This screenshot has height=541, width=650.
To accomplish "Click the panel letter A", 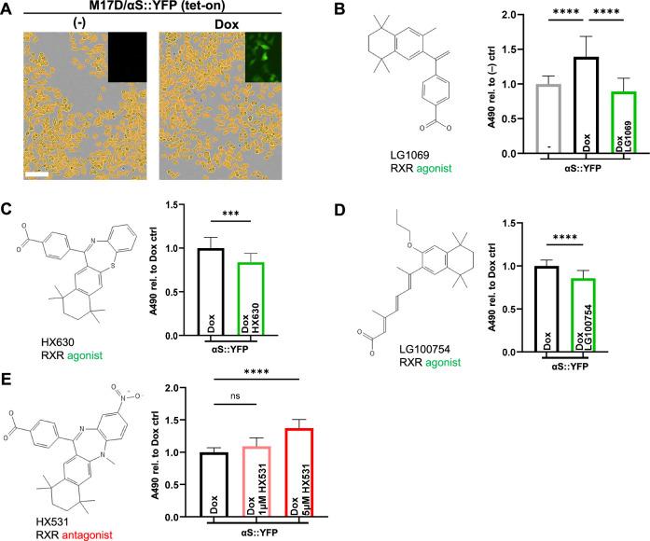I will tap(8, 12).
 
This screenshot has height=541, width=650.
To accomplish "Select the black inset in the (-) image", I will tap(129, 56).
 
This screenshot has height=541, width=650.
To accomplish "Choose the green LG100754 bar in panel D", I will tap(584, 315).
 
